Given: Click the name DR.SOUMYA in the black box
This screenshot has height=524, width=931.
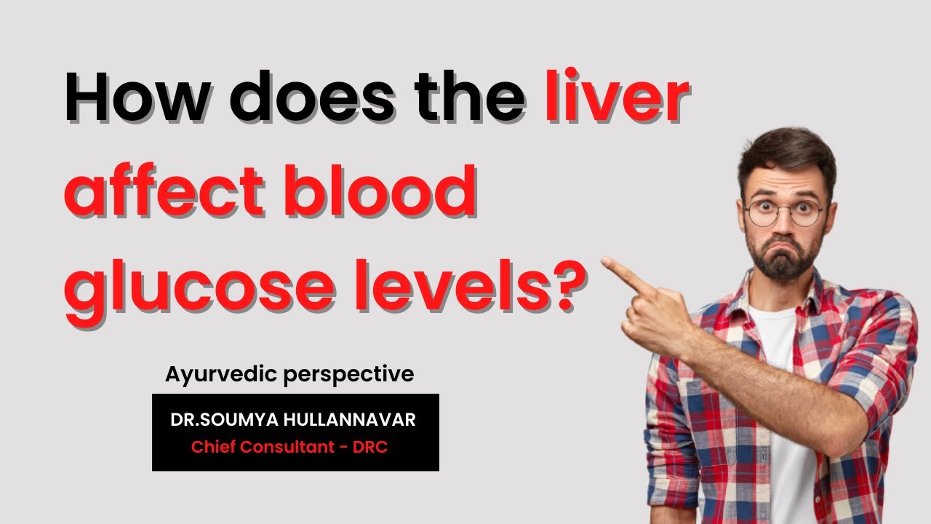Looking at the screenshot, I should (x=215, y=420).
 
